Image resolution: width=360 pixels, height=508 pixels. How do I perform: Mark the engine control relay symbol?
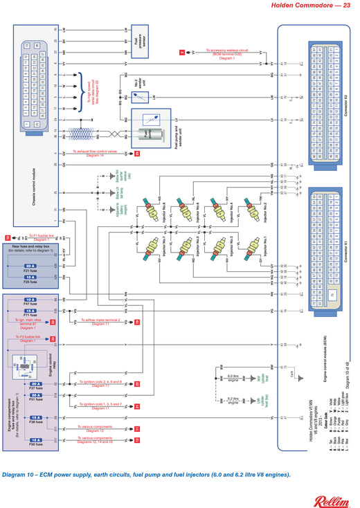click(x=30, y=361)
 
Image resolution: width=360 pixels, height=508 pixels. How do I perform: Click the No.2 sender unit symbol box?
click(x=136, y=86)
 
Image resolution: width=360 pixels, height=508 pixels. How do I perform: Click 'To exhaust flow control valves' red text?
click(x=104, y=153)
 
